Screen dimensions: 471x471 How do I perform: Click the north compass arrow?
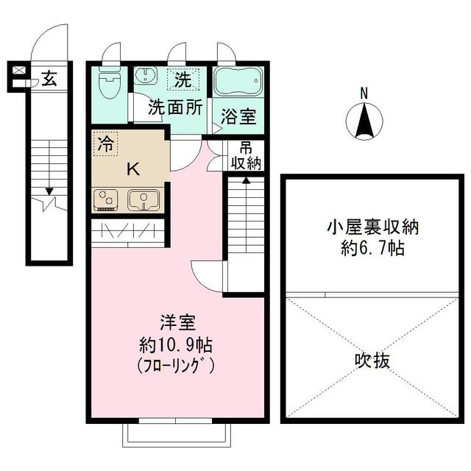pos(363,121)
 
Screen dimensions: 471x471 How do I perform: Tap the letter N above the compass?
pos(363,93)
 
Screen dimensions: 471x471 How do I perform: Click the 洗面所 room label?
pos(174,107)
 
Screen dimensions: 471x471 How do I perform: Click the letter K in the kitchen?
pos(132,169)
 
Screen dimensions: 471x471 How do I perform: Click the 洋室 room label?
pos(177,323)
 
